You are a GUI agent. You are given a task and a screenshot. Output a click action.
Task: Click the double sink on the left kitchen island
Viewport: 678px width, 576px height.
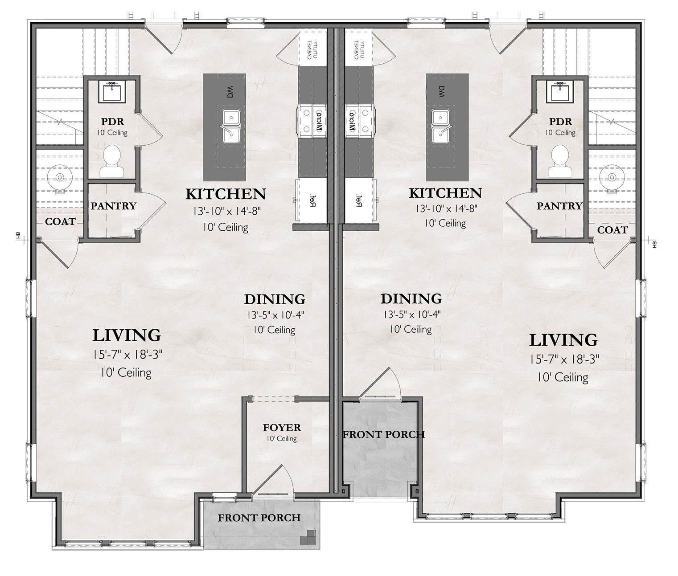pos(231,126)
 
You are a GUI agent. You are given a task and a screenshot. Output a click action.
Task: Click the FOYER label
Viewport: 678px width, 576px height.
pos(282,428)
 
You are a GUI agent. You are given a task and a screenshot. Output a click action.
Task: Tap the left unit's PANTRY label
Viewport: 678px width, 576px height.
pos(113,206)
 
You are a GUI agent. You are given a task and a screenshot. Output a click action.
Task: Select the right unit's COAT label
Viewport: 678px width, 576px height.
pos(612,230)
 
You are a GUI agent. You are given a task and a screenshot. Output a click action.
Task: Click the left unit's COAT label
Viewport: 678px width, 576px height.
pos(60,221)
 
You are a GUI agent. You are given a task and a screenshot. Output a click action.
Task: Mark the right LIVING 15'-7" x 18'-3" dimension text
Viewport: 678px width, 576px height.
pos(563,359)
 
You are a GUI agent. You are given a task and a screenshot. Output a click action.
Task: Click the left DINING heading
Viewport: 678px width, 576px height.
pos(275,299)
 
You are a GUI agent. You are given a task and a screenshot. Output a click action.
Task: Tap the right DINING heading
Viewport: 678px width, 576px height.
pos(411,298)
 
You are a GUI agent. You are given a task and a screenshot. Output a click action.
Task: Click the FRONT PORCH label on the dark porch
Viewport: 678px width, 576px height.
pos(383,434)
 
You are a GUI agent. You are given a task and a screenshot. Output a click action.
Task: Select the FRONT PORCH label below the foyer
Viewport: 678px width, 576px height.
pos(259,518)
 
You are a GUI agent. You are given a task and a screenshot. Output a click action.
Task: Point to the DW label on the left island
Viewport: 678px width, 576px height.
pos(230,92)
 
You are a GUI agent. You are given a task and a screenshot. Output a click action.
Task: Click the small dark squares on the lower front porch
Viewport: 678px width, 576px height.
pos(308,538)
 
